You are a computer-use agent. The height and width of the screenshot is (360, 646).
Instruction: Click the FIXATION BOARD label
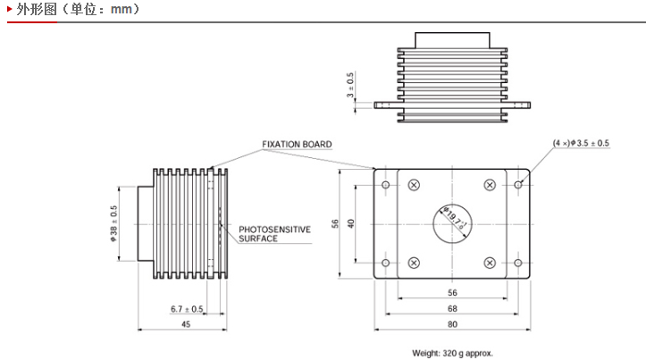click(297, 145)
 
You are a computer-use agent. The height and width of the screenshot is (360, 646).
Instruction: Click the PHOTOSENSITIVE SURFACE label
click(274, 234)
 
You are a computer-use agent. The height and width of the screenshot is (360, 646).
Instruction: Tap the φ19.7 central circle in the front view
click(451, 223)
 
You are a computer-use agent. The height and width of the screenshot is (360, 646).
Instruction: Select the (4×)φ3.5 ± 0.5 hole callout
click(581, 143)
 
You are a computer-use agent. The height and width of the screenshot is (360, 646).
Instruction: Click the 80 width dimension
click(452, 323)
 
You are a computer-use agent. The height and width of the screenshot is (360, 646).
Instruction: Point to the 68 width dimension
click(452, 308)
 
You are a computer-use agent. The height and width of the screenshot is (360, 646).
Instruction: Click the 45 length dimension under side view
click(186, 324)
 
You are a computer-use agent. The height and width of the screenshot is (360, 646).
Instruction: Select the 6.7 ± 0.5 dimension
click(187, 309)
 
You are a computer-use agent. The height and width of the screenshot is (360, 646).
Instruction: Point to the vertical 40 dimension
click(351, 223)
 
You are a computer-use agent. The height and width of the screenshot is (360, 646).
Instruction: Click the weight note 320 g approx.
click(452, 353)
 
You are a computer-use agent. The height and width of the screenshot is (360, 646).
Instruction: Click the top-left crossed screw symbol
click(414, 185)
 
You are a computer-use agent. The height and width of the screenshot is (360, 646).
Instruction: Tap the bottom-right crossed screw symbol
click(490, 263)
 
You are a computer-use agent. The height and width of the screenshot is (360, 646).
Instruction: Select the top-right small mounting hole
click(518, 185)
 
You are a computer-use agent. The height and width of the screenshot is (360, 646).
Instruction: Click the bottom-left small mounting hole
click(385, 263)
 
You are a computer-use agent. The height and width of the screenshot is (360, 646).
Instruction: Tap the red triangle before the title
click(10, 11)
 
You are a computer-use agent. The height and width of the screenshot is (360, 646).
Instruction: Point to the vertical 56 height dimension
click(334, 224)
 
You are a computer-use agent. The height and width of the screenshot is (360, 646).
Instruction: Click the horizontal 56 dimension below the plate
click(452, 293)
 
